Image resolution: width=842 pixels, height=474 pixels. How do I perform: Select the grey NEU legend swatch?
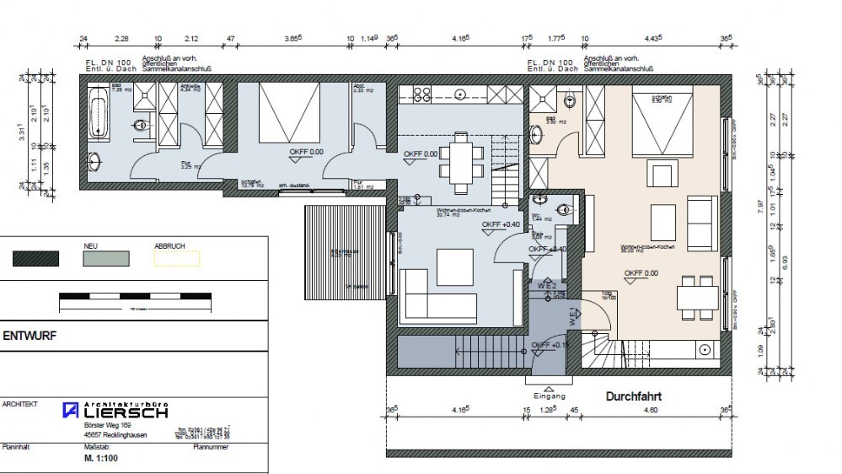point(106,258)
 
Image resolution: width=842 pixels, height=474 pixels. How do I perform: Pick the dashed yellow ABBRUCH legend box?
point(176,258)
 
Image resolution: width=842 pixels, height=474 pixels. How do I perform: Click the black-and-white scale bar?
point(135,297)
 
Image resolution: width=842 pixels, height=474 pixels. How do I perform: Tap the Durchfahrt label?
point(633,396)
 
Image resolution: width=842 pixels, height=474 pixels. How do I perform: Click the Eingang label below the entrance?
point(549,396)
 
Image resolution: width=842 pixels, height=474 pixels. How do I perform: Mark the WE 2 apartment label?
point(547,287)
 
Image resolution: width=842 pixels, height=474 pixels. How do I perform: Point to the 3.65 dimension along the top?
point(292,39)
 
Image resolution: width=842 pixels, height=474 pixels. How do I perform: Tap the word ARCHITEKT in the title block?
point(20,405)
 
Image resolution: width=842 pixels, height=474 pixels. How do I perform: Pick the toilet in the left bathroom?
point(142,125)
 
